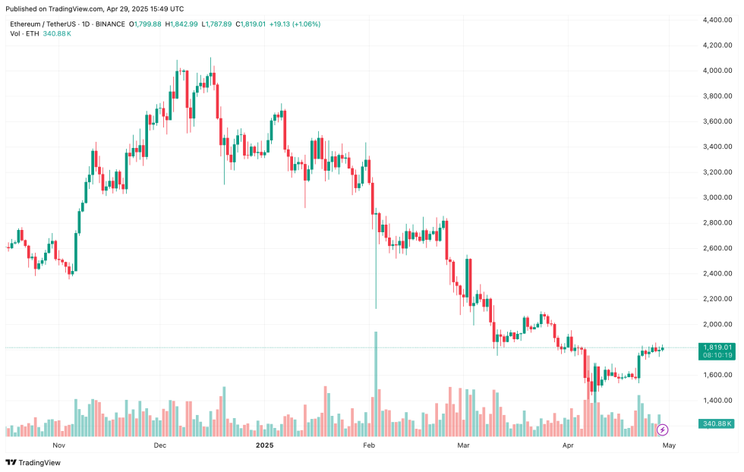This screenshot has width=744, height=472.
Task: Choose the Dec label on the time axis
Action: click(x=160, y=445)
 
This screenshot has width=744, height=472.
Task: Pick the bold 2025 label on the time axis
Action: click(x=265, y=445)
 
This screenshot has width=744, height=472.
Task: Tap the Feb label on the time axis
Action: click(x=370, y=445)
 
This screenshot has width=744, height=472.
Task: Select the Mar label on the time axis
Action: click(x=465, y=445)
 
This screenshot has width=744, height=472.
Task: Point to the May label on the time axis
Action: click(x=668, y=445)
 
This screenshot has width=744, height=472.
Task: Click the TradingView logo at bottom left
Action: click(x=34, y=462)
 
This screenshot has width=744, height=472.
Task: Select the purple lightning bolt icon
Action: click(x=662, y=430)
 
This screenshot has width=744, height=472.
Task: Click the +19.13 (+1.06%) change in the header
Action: click(x=293, y=24)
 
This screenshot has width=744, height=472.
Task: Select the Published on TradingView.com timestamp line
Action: click(x=94, y=9)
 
